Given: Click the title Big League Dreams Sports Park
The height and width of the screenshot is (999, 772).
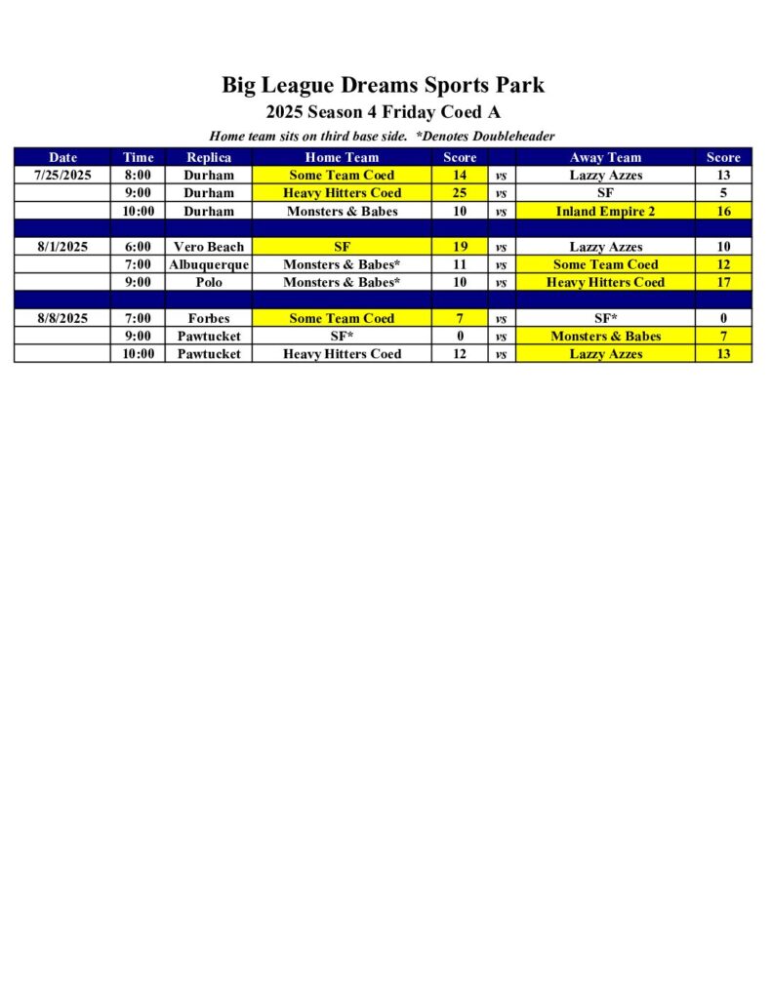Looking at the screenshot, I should pos(383,85).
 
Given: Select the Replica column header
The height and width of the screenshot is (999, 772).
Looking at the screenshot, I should pos(209,157).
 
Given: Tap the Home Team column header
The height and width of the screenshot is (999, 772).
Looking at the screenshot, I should pos(342,157).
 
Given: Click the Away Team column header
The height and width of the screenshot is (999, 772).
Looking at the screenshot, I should pos(605,157).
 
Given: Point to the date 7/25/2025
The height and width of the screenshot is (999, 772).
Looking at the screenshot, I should pos(62,176).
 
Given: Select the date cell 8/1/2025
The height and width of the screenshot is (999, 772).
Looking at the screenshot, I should pos(62,247).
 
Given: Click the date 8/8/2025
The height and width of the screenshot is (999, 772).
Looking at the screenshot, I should pos(62,318).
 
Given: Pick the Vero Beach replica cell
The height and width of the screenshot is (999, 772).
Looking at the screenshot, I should pos(209,247).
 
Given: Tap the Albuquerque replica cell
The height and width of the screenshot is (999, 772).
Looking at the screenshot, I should pos(209,264).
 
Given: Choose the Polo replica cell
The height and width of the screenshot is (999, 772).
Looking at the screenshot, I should pos(209,282).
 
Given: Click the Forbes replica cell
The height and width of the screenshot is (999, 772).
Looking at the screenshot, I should pos(209,318).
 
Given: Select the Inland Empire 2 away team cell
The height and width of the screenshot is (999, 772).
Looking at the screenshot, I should pos(605,211).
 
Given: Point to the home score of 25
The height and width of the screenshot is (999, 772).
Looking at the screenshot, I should pos(460,193).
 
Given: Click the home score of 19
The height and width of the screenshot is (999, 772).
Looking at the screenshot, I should pos(460,247).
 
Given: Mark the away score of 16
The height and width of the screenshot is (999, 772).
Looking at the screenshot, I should pos(723,211).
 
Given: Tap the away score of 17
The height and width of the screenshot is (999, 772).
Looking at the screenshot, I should pos(723,282).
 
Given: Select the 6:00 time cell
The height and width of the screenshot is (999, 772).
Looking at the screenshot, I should pos(138,247).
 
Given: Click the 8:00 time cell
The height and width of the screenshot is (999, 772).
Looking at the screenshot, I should pos(138,176).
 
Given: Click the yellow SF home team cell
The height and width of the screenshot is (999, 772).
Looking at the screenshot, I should pos(342,247).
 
